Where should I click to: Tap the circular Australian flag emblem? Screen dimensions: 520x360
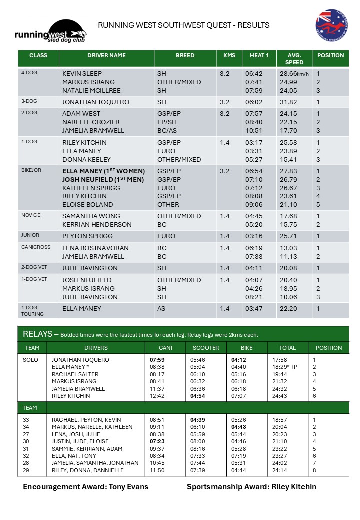coord(331,24)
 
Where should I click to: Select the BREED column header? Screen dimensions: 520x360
coord(185,56)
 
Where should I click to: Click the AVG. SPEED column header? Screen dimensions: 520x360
coord(294,59)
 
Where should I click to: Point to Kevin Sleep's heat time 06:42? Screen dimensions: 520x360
coord(254,73)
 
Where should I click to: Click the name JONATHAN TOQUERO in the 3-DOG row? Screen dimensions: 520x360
coord(96,102)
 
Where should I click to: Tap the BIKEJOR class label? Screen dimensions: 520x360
coord(31,170)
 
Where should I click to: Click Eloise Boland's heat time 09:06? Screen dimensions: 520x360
coord(254,205)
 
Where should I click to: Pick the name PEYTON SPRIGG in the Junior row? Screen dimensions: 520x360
coord(87,236)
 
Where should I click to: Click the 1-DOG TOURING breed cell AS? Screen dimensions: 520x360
coord(161,309)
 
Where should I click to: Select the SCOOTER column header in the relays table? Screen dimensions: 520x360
coord(206,348)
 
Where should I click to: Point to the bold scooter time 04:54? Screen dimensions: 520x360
coord(198,396)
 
